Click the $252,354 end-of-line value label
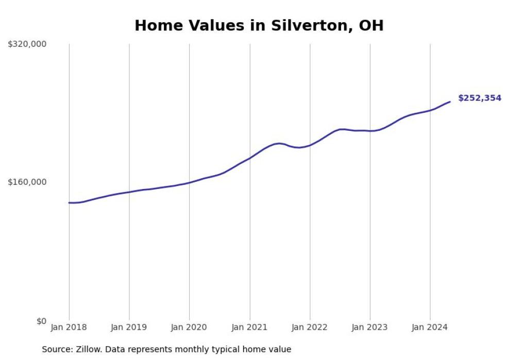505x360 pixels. pos(479,98)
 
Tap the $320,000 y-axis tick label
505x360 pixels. pos(27,44)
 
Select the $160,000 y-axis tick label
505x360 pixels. pos(27,182)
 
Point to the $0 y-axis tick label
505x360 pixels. pos(41,321)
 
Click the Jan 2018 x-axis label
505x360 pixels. pos(69,327)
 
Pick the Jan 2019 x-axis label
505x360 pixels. pos(129,327)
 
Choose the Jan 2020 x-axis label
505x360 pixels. pos(189,327)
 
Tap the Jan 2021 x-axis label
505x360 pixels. pos(250,327)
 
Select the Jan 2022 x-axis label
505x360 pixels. pos(310,327)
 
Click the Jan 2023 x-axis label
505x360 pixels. pos(370,327)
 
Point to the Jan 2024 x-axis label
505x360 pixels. pos(430,327)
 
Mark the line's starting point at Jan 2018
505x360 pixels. pos(69,202)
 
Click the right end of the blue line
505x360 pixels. pos(450,101)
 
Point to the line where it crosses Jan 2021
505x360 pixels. pos(250,158)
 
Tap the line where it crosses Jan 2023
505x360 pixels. pos(370,131)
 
